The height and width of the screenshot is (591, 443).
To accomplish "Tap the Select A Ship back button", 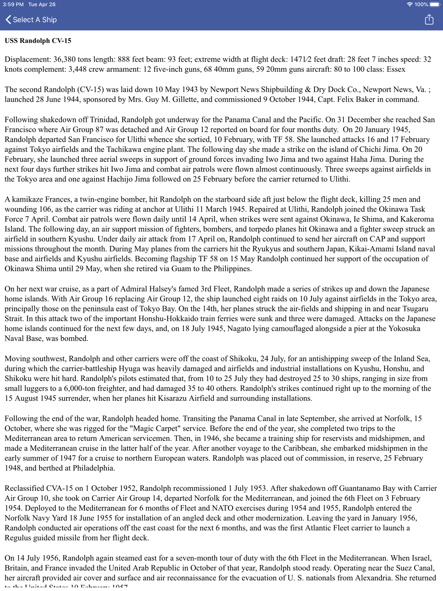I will click(31, 19).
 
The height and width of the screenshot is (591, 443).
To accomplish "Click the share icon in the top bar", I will click(429, 19).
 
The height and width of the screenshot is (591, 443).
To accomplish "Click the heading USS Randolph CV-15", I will click(38, 41).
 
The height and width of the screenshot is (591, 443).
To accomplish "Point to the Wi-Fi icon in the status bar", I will click(409, 4).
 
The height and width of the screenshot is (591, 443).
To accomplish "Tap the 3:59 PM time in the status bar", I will click(13, 4).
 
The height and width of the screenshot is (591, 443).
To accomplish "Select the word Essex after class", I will click(396, 69).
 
